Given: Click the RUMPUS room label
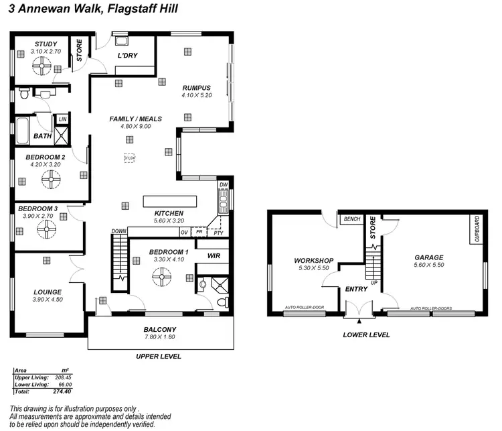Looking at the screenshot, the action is (197, 88).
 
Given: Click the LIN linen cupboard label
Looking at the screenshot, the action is (62, 119).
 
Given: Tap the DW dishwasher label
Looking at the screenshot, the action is (224, 184).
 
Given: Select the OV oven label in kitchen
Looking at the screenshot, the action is (184, 232).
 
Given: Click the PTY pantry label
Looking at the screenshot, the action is (218, 233).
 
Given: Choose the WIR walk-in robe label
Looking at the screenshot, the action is (214, 255).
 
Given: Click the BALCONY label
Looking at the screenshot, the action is (160, 329).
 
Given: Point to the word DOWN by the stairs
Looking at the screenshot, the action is (119, 231).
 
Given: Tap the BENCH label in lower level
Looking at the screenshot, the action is (351, 219).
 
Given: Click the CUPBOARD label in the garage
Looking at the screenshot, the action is (477, 229).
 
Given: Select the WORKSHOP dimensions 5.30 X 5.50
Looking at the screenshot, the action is (313, 268).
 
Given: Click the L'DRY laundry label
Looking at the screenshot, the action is (127, 56).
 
